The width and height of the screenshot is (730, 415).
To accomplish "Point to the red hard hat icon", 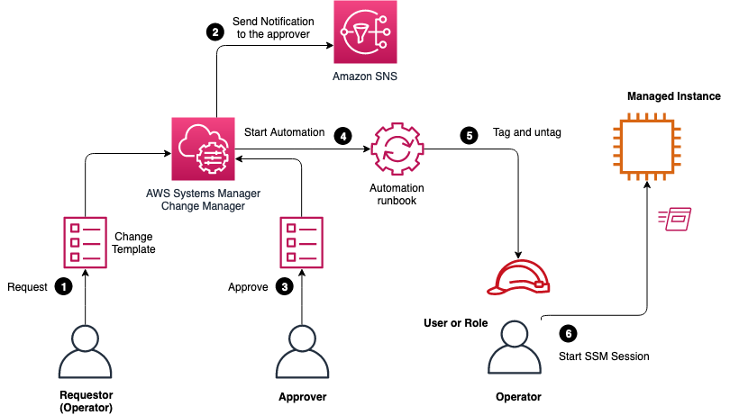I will [517, 275].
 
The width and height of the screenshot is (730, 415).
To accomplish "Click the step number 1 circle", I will [63, 286].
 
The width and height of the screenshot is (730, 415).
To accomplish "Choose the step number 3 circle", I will [285, 286].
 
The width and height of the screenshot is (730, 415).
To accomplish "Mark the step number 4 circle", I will [342, 136].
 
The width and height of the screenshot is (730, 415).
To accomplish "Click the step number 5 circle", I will [468, 136].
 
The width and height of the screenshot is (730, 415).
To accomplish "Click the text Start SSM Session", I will [604, 356].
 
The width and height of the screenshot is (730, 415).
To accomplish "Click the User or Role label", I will [455, 322].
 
